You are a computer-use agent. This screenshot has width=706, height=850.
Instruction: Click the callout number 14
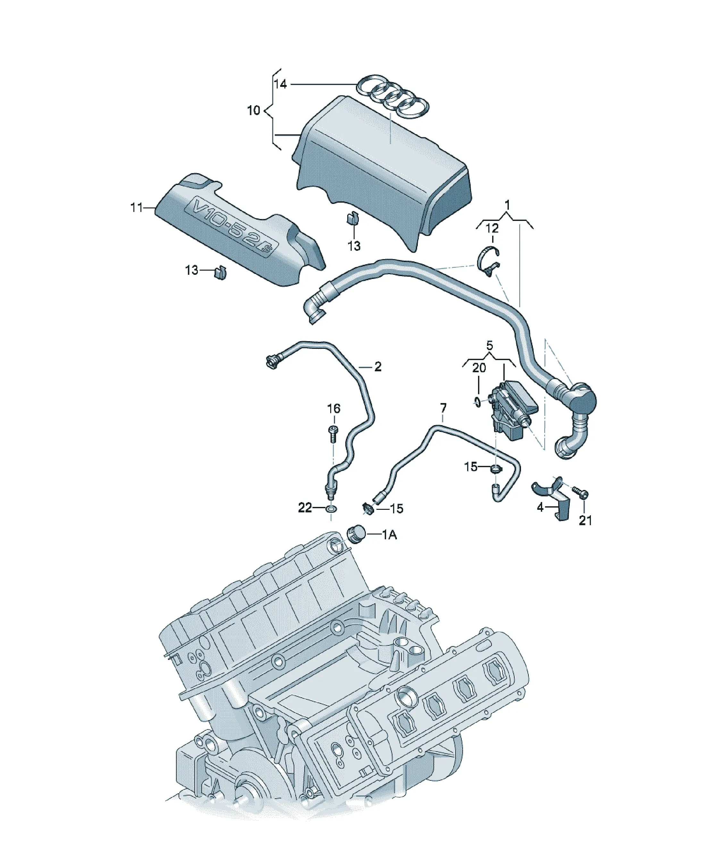point(280,84)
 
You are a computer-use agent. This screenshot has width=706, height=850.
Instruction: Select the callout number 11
point(137,208)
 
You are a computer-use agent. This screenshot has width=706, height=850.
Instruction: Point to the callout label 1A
point(390,535)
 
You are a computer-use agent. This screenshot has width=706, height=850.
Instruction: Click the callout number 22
point(305,508)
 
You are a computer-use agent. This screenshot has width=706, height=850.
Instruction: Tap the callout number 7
point(443,408)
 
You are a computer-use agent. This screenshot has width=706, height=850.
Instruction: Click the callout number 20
point(479,368)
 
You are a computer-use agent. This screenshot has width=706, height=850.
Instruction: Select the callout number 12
point(492,229)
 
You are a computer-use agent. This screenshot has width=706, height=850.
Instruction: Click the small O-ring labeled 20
point(478,402)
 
